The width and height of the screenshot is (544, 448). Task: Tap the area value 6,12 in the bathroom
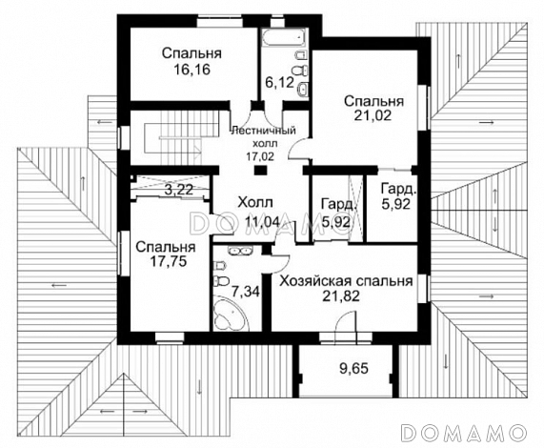coord(278,83)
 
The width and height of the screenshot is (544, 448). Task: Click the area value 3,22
coord(178,190)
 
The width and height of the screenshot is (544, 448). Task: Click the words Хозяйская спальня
coord(345,282)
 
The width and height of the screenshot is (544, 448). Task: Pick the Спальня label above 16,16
coord(186,52)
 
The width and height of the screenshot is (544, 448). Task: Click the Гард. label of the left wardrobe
coord(338,204)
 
